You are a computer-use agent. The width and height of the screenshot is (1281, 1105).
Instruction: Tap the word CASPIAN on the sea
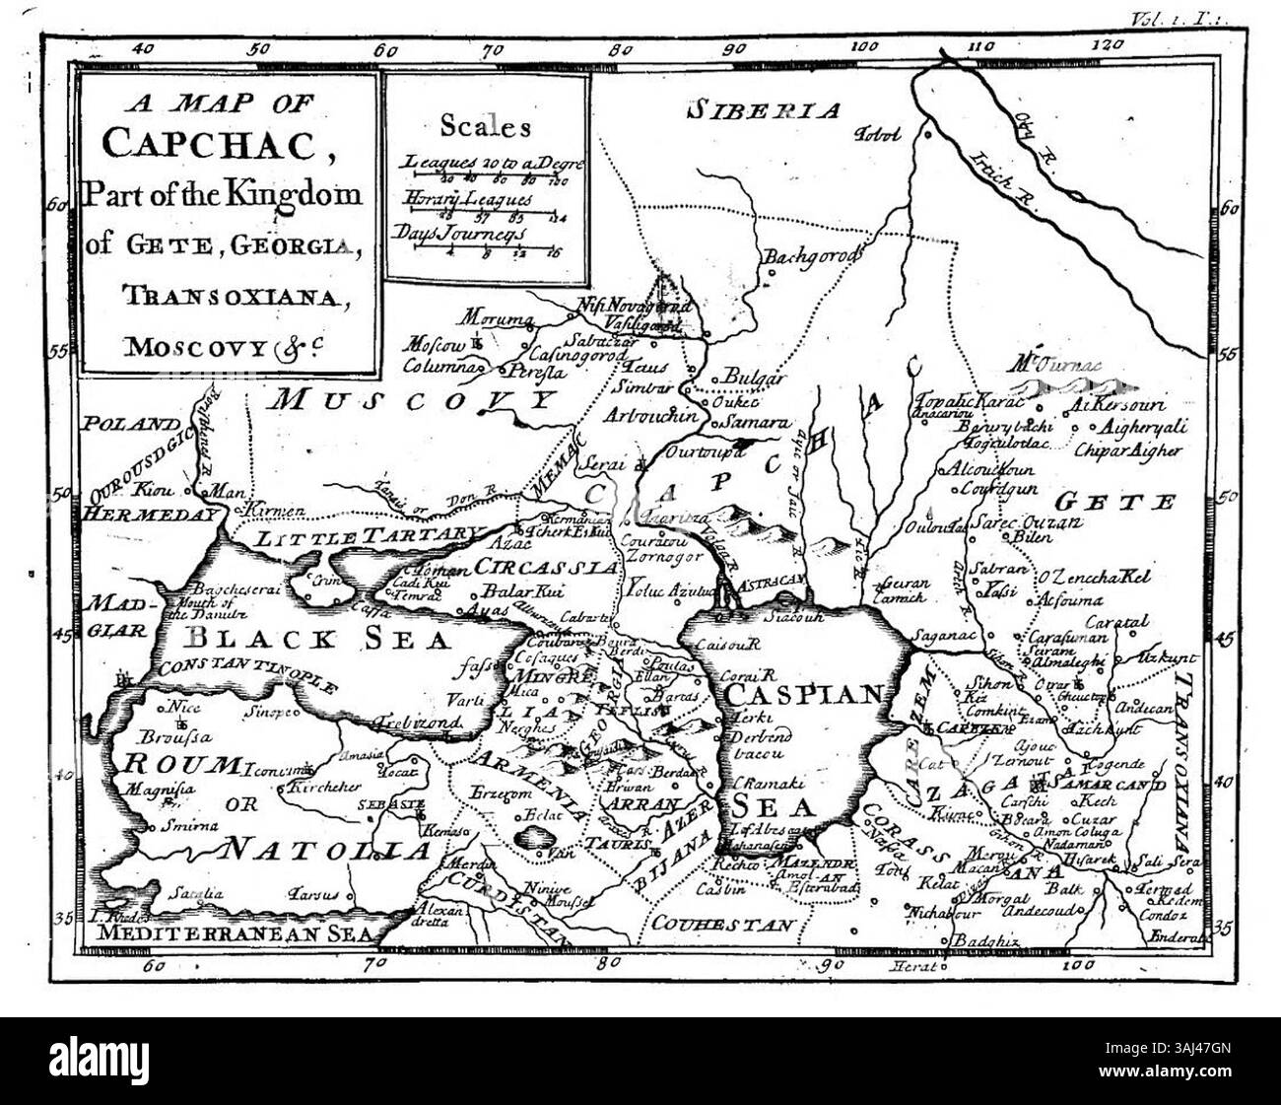pyautogui.click(x=802, y=694)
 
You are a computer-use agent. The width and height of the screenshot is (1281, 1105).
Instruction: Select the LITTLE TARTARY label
pyautogui.click(x=367, y=536)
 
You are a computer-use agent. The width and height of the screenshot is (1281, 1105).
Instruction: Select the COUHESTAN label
pyautogui.click(x=721, y=925)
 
